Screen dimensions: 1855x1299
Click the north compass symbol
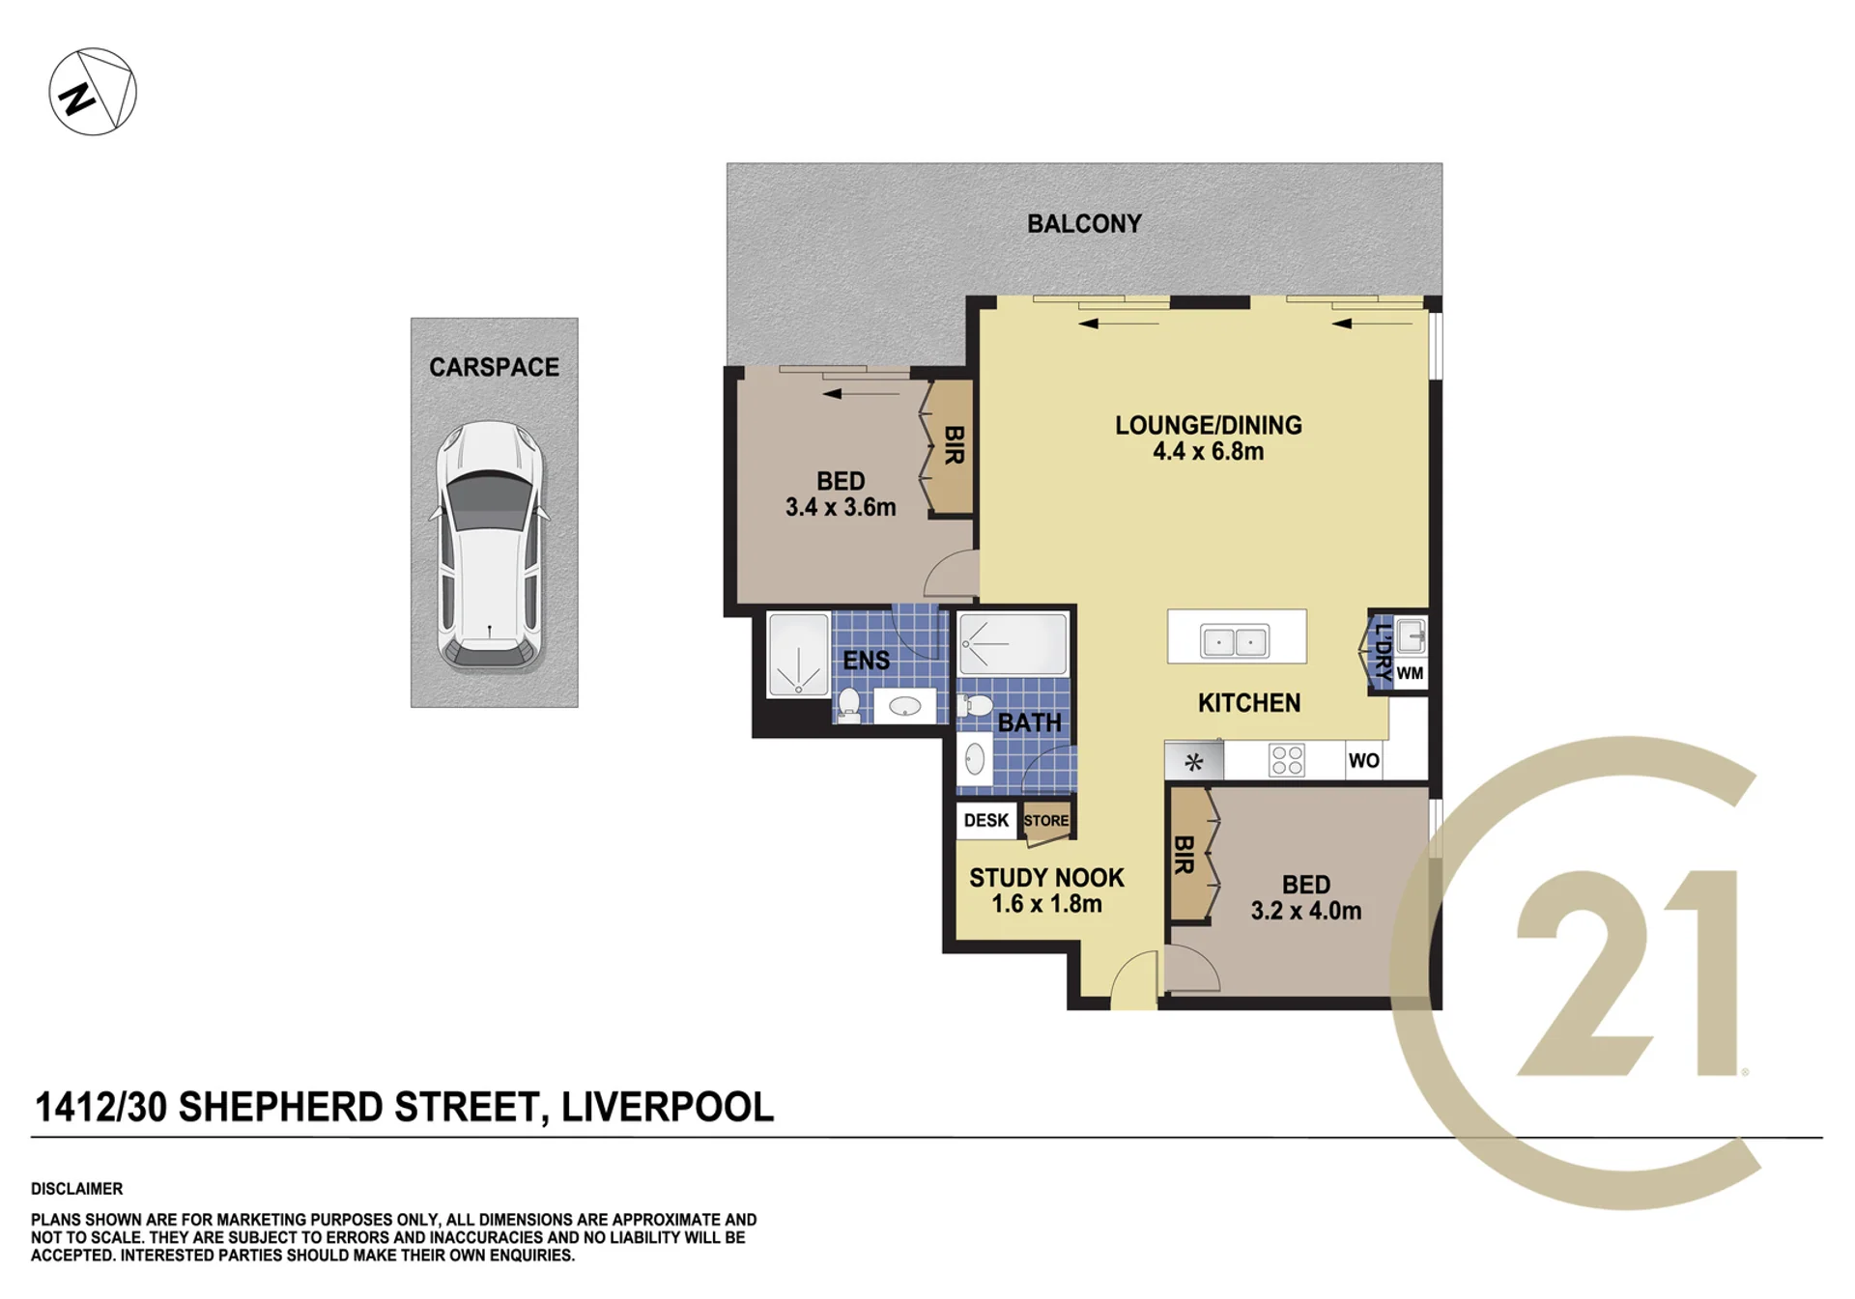[x=93, y=92]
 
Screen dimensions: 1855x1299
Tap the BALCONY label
[x=1084, y=224]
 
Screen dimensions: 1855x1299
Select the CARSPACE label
[x=494, y=367]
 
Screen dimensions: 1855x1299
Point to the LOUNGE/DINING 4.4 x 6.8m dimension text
[x=1208, y=451]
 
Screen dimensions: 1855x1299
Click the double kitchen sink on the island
[x=1235, y=640]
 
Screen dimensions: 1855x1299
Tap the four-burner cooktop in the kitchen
[x=1286, y=760]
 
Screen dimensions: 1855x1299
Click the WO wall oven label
[x=1363, y=760]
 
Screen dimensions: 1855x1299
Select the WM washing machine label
[x=1410, y=673]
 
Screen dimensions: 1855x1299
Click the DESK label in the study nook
[x=985, y=820]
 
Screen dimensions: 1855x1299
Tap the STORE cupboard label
[x=1046, y=821]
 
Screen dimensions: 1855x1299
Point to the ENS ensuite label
[x=866, y=661]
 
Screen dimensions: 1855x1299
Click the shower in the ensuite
[x=798, y=654]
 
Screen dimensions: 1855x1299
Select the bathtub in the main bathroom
[x=1013, y=643]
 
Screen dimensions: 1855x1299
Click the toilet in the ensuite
[x=849, y=704]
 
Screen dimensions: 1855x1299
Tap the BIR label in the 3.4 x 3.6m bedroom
[x=954, y=445]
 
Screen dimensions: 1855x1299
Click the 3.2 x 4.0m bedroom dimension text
[x=1306, y=911]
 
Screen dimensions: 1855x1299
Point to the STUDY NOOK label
[x=1046, y=878]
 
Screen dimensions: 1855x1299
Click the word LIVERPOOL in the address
[x=668, y=1107]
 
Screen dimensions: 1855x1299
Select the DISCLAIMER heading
[x=76, y=1189]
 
